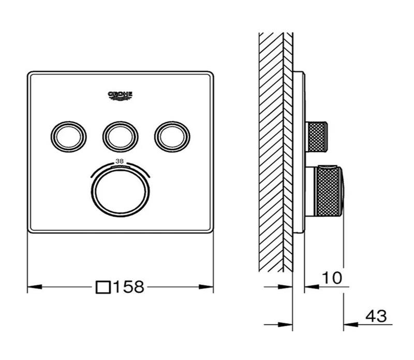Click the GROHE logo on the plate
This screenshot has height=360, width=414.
pyautogui.click(x=120, y=95)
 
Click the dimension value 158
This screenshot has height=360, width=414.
pyautogui.click(x=129, y=286)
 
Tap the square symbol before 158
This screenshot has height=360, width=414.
pyautogui.click(x=104, y=286)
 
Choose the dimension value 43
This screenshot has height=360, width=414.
pyautogui.click(x=376, y=315)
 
